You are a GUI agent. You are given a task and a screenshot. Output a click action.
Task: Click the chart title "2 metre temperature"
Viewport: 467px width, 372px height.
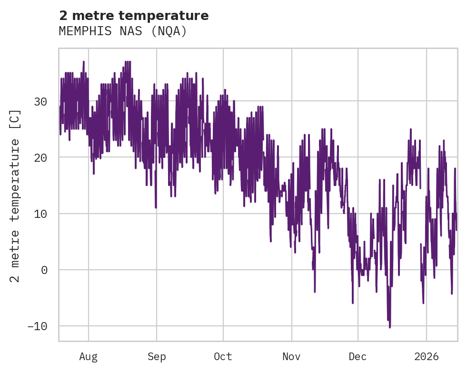click(134, 16)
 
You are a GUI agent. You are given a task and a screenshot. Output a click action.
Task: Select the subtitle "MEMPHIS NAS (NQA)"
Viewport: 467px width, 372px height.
click(123, 31)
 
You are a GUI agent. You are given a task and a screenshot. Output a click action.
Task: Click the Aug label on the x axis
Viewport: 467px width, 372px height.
click(88, 357)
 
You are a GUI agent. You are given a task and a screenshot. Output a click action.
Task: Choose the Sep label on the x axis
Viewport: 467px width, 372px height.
click(156, 357)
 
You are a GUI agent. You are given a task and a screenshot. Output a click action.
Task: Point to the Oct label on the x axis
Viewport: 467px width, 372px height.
click(223, 357)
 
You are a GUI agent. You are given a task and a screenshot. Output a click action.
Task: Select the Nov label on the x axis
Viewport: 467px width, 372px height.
click(291, 357)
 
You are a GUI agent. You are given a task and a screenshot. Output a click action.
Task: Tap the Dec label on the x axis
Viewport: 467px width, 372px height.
click(358, 357)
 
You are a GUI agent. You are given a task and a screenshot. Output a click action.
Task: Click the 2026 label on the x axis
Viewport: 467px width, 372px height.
click(427, 357)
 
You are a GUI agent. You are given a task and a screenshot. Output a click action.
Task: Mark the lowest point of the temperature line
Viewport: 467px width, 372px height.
click(390, 327)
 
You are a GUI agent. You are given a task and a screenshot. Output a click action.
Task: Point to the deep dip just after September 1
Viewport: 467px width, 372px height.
click(156, 207)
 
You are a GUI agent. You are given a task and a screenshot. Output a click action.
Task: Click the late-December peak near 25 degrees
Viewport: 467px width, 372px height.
click(410, 129)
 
